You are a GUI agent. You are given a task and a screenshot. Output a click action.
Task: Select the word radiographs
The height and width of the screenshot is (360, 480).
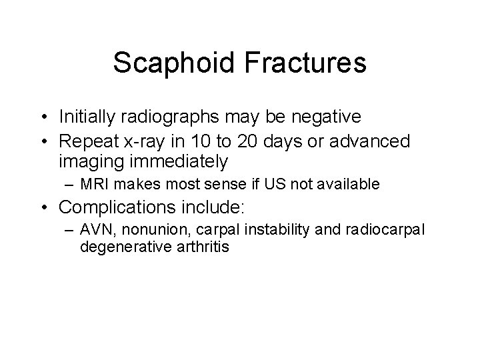[x=160, y=117]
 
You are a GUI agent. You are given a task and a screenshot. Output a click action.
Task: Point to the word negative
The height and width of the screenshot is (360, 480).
[x=323, y=117]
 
